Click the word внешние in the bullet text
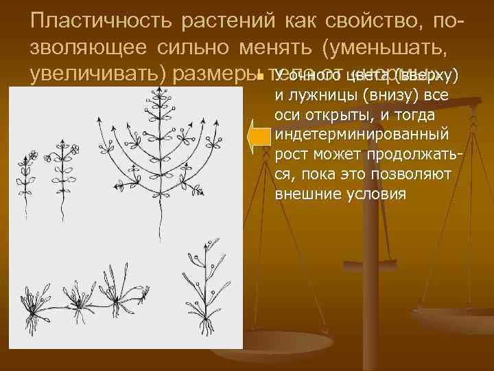pyautogui.click(x=307, y=194)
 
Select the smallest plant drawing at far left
pyautogui.click(x=28, y=172)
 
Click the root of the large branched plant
pyautogui.click(x=158, y=220)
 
